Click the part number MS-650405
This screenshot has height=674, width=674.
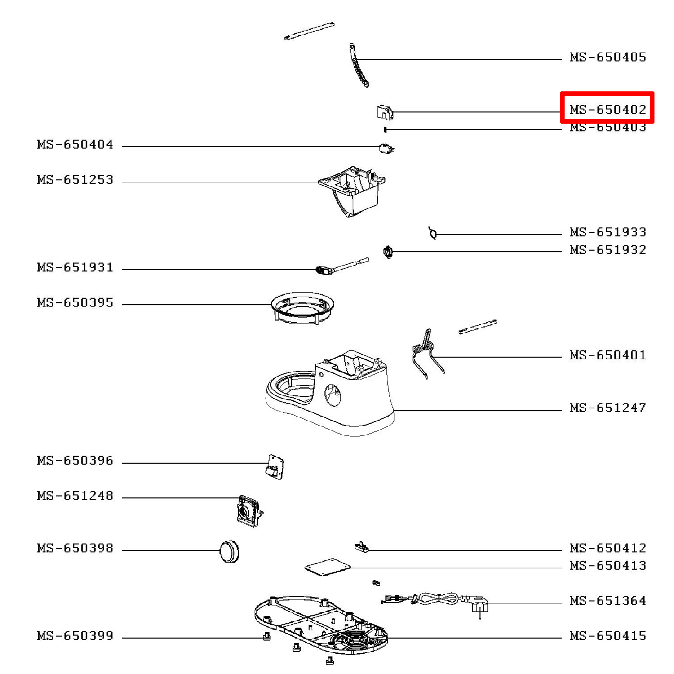pyautogui.click(x=607, y=57)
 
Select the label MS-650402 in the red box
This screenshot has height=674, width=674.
pyautogui.click(x=607, y=109)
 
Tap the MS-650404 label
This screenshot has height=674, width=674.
pyautogui.click(x=75, y=145)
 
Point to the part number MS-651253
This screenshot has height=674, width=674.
pyautogui.click(x=75, y=180)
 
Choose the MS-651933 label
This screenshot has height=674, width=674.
pyautogui.click(x=607, y=232)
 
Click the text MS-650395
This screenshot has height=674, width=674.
pyautogui.click(x=75, y=303)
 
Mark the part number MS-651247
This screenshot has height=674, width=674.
pyautogui.click(x=607, y=408)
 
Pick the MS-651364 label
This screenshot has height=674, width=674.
pyautogui.click(x=607, y=601)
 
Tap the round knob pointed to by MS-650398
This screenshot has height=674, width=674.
pyautogui.click(x=229, y=551)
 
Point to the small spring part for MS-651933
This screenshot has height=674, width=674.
pyautogui.click(x=433, y=233)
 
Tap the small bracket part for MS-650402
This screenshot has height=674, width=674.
pyautogui.click(x=384, y=112)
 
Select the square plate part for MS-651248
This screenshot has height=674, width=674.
pyautogui.click(x=248, y=510)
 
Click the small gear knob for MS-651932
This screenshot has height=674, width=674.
pyautogui.click(x=388, y=252)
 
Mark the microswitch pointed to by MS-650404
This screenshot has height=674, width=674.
pyautogui.click(x=386, y=148)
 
